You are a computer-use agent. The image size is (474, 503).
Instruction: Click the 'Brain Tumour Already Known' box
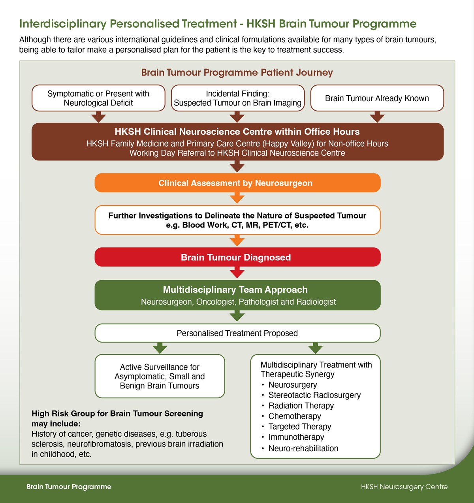[377, 98]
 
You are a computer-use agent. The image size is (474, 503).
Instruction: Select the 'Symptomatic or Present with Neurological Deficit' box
[98, 98]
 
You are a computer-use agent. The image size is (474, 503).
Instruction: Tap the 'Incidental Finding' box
[237, 98]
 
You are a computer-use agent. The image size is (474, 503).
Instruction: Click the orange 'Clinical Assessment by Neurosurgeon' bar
[237, 183]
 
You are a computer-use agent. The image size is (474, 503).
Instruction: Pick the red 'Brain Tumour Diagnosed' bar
[237, 257]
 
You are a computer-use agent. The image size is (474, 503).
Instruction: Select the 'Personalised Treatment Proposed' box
[237, 333]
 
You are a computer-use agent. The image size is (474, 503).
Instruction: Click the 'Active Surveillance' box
[160, 376]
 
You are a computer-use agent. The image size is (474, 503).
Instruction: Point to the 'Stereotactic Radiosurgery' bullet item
[314, 395]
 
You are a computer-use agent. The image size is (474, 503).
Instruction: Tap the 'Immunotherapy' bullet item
[296, 437]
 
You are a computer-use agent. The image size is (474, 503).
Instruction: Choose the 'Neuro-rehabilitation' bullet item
[303, 448]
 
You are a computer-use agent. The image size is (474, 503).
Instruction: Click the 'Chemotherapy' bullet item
[295, 416]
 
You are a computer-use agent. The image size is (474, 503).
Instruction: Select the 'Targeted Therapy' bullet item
[300, 427]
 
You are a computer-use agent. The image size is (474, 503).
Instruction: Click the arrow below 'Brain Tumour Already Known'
[377, 117]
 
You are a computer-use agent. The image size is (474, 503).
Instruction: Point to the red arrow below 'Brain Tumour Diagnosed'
[237, 273]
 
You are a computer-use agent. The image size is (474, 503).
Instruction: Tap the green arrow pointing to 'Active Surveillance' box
[160, 348]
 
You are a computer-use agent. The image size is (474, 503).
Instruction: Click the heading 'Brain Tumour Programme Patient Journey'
[237, 73]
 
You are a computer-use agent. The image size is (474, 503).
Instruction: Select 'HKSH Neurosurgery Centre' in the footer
[404, 487]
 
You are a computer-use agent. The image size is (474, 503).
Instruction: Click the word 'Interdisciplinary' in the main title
[63, 24]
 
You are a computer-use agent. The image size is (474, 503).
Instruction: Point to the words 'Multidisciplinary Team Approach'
[235, 290]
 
